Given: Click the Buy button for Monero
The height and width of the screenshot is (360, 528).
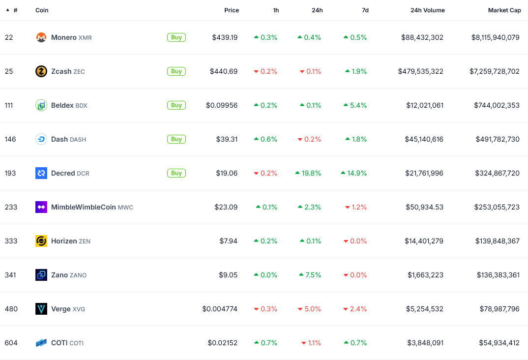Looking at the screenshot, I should click(176, 37).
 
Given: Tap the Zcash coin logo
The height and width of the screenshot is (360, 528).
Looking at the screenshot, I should click(41, 71).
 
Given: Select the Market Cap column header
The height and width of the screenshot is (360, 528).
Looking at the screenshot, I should click(504, 10).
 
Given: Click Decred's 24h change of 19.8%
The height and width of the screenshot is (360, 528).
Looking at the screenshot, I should click(308, 173).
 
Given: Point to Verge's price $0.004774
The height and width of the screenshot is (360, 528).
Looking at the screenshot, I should click(220, 309).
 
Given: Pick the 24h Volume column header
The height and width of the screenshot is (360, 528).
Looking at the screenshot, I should click(427, 10).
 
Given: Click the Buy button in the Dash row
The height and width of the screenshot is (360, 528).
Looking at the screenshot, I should click(176, 139).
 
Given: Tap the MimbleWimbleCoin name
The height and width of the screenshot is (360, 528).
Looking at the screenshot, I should click(83, 207).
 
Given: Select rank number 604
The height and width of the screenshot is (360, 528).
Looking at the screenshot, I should click(11, 343).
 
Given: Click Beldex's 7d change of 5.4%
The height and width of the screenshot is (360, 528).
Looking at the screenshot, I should click(356, 105).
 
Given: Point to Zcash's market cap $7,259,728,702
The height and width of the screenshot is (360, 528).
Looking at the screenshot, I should click(494, 71).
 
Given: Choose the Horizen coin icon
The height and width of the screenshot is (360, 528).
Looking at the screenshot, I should click(41, 241).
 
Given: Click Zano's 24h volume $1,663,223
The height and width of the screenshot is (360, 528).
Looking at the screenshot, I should click(425, 275).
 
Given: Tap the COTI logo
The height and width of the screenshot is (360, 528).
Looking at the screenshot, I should click(41, 343).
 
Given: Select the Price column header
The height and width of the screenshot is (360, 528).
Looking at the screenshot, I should click(232, 10).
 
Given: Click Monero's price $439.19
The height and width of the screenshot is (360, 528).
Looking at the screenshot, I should click(225, 37).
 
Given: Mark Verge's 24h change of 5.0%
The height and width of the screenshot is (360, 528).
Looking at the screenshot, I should click(310, 309).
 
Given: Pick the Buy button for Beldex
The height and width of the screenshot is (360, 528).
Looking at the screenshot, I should click(176, 105).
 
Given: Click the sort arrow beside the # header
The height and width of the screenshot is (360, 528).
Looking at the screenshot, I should click(7, 10).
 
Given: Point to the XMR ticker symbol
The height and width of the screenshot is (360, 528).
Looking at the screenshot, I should click(85, 38).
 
